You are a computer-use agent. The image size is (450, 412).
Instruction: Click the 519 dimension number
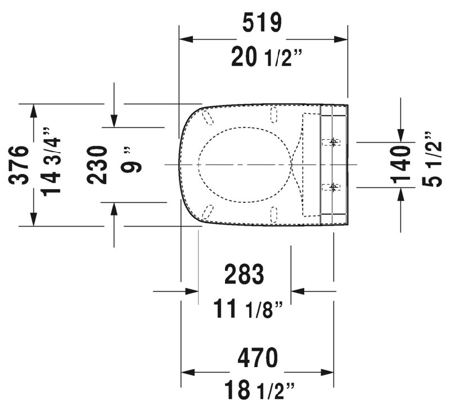(x=262, y=23)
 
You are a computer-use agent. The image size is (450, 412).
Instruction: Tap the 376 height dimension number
(x=19, y=165)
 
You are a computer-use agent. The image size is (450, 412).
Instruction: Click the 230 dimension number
(x=97, y=165)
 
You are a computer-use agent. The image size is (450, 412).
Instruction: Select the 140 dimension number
(x=400, y=164)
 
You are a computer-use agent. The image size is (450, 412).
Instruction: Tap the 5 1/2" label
(x=432, y=159)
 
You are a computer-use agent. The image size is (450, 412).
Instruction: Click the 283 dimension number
(x=244, y=274)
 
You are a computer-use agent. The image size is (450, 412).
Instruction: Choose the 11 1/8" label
(x=248, y=308)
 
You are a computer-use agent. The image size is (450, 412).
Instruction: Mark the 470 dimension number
(x=258, y=358)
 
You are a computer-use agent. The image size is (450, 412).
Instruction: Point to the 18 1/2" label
(x=259, y=390)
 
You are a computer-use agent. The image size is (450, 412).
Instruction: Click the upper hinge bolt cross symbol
(x=333, y=141)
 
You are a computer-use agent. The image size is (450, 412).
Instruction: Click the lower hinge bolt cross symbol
(x=333, y=187)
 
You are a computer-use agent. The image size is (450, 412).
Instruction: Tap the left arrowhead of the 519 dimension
(x=186, y=39)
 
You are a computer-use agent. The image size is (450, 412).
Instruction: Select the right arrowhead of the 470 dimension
(x=327, y=373)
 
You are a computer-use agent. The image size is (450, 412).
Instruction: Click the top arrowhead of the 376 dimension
(x=34, y=111)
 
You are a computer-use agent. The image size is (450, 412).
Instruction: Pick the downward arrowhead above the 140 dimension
(x=400, y=135)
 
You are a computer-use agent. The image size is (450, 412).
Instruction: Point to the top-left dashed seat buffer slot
(x=208, y=118)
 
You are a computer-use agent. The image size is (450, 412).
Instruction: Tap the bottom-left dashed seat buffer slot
(x=208, y=212)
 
